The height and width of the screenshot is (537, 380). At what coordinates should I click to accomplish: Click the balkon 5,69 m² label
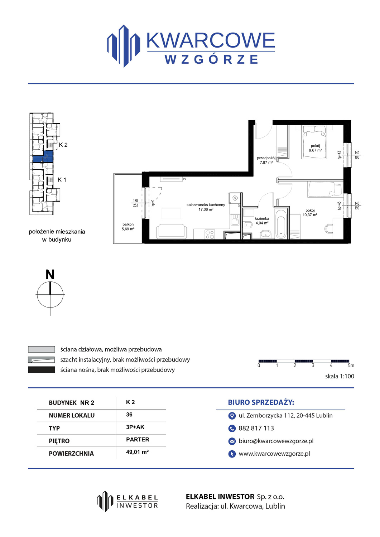128,227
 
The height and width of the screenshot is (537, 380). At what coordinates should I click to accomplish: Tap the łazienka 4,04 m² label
262,221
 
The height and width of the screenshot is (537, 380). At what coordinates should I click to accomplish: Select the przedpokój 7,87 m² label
266,160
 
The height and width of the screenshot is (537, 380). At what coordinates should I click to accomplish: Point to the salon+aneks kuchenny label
206,205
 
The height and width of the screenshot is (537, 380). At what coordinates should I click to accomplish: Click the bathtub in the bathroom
281,224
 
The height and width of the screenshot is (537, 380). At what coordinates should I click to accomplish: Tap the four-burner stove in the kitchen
210,234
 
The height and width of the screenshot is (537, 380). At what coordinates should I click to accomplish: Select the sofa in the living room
171,231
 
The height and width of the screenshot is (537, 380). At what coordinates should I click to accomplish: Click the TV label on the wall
184,179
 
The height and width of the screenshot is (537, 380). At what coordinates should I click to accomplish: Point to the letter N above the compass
50,275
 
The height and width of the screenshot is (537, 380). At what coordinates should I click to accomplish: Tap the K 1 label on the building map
62,180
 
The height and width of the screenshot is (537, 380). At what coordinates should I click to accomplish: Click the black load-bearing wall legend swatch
42,369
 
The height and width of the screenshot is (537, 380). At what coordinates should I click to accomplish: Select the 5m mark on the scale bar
351,366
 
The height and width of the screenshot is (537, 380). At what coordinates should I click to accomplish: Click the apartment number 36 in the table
129,415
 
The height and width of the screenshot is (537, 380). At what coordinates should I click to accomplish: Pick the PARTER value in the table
138,439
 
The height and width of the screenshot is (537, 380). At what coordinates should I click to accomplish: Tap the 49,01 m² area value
138,452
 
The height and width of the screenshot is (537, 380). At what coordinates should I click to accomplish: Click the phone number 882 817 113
256,428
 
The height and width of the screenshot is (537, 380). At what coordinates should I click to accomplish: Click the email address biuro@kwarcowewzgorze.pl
276,441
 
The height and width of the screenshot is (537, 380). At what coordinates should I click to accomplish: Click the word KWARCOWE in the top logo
211,40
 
